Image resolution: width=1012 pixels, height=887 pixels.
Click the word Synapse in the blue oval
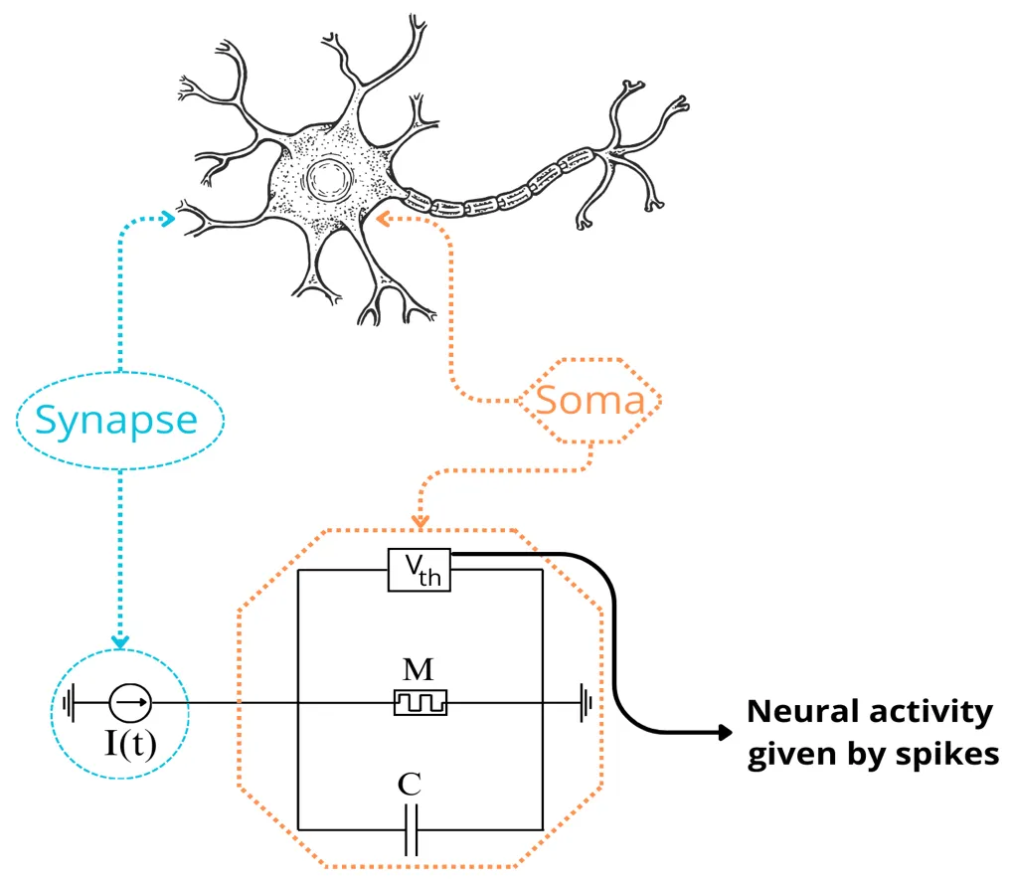click(x=116, y=420)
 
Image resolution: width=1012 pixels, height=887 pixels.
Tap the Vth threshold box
click(x=420, y=569)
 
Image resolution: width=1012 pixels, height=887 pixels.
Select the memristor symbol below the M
click(x=421, y=702)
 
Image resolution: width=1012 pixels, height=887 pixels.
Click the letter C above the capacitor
click(x=409, y=785)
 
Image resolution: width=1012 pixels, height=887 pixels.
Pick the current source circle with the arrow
click(x=130, y=703)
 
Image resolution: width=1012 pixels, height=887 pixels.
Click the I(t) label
click(x=130, y=743)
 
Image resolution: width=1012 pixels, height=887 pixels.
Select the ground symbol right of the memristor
click(x=588, y=703)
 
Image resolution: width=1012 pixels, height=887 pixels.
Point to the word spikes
click(x=949, y=754)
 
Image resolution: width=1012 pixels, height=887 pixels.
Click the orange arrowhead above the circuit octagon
click(x=421, y=520)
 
